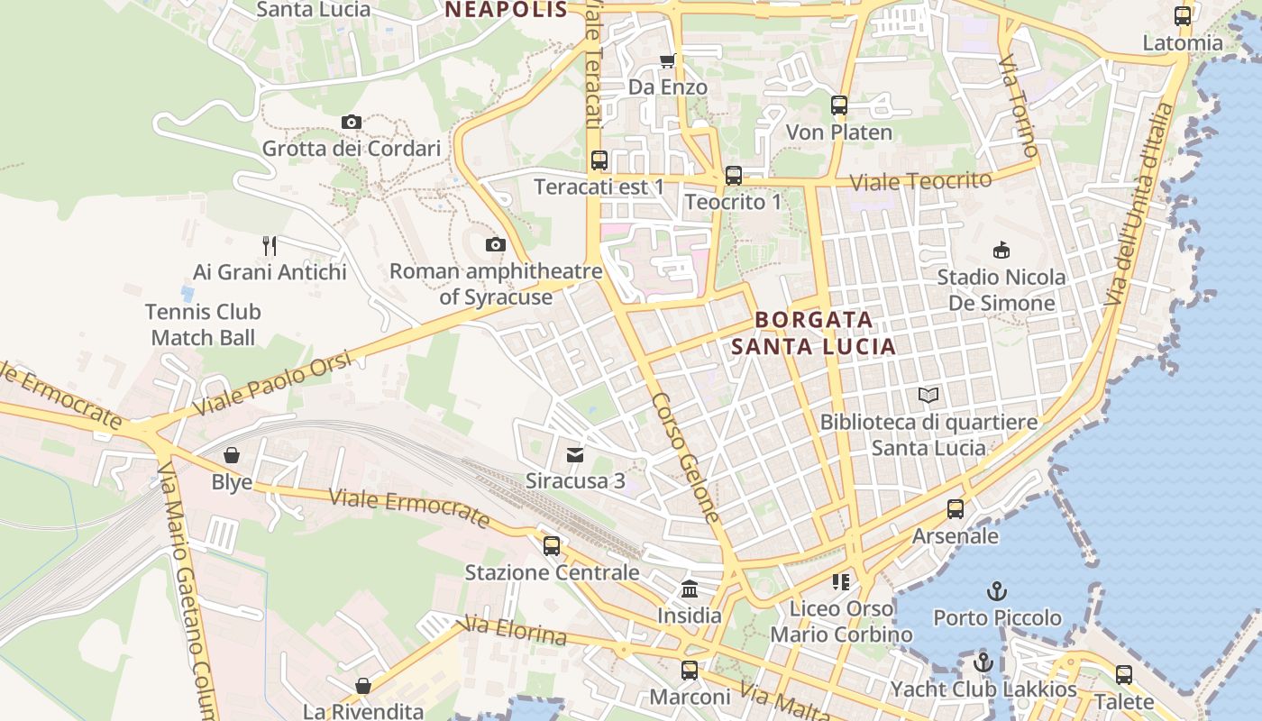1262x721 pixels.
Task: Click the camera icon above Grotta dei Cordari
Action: pyautogui.click(x=352, y=122)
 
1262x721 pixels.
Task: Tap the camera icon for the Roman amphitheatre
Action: pyautogui.click(x=495, y=244)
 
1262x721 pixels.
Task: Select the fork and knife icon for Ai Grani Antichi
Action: pyautogui.click(x=270, y=245)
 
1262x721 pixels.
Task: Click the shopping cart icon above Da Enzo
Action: pyautogui.click(x=667, y=60)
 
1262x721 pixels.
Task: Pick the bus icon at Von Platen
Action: pyautogui.click(x=839, y=105)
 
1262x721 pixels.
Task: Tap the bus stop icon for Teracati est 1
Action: pyautogui.click(x=599, y=160)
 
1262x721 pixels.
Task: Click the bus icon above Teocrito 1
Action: pyautogui.click(x=734, y=176)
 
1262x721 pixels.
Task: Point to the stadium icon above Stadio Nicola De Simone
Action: pyautogui.click(x=1001, y=250)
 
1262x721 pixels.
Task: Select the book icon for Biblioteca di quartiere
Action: pyautogui.click(x=928, y=396)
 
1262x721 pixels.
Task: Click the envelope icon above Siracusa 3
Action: pyautogui.click(x=575, y=454)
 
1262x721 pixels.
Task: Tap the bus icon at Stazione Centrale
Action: pyautogui.click(x=552, y=546)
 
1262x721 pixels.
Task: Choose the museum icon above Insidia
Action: pyautogui.click(x=690, y=589)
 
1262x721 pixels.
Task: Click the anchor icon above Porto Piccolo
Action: pyautogui.click(x=997, y=591)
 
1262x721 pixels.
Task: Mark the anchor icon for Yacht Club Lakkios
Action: pyautogui.click(x=983, y=663)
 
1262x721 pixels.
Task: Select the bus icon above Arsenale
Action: pyautogui.click(x=956, y=509)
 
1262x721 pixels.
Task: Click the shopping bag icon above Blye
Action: pyautogui.click(x=232, y=455)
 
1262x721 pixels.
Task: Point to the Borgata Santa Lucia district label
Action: pyautogui.click(x=813, y=333)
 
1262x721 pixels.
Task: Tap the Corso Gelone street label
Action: pyautogui.click(x=686, y=458)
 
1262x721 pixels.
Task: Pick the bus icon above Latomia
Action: pyautogui.click(x=1183, y=16)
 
